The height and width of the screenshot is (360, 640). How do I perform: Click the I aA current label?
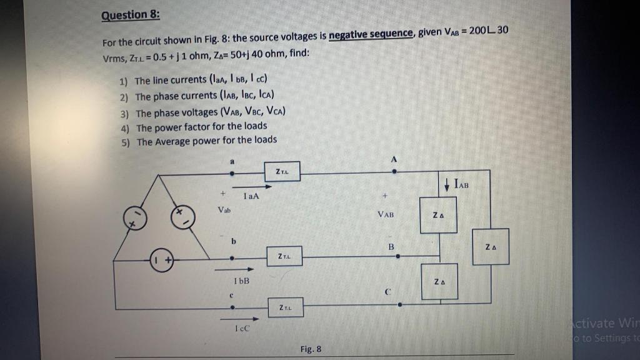click(x=252, y=196)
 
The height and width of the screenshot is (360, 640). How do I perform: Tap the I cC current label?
click(x=242, y=328)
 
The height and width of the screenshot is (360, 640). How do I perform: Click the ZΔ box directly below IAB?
click(x=437, y=215)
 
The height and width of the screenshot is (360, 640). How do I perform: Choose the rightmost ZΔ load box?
click(x=491, y=246)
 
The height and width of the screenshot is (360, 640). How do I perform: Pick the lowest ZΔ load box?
click(x=439, y=281)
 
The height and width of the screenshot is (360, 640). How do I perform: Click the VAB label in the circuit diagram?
click(x=386, y=214)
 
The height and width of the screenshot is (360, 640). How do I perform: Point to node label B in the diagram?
click(x=391, y=246)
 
